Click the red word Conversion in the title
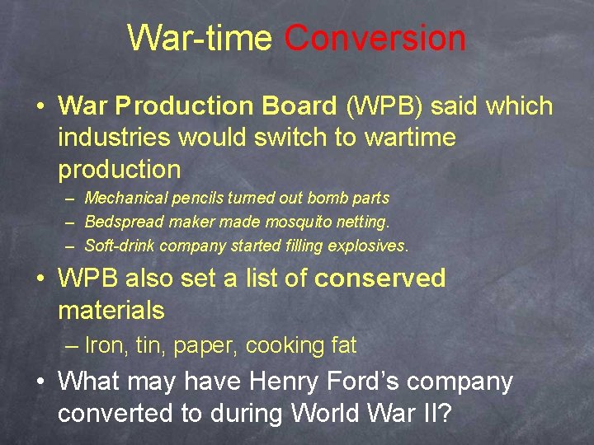click(x=375, y=38)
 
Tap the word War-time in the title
click(x=200, y=38)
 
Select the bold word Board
click(x=299, y=106)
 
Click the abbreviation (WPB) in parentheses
click(x=384, y=106)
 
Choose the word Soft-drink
click(x=120, y=246)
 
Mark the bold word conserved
click(x=380, y=279)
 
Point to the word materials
click(x=111, y=311)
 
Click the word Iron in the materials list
click(x=103, y=346)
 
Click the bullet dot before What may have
click(x=40, y=382)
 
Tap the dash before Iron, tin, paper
click(x=73, y=346)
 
